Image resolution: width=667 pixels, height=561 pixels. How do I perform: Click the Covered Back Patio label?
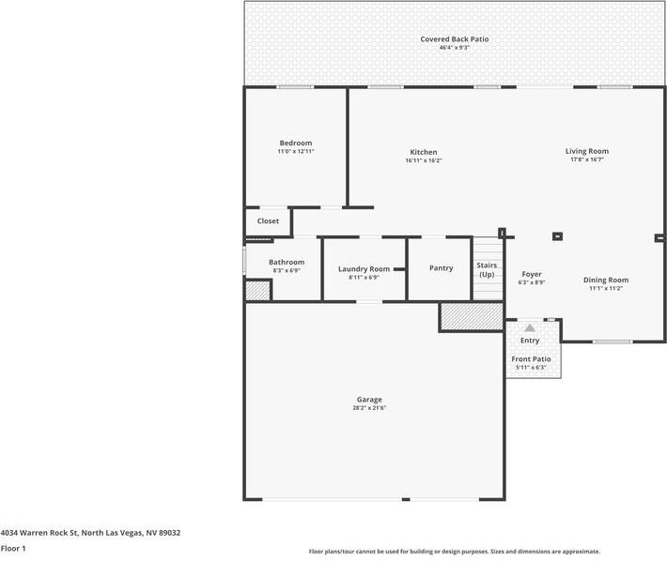[x=454, y=39]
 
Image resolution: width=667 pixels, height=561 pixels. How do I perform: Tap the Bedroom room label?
[x=295, y=143]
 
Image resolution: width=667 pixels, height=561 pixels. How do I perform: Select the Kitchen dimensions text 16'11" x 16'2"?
[x=423, y=160]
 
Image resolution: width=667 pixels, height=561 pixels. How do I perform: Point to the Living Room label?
[x=586, y=151]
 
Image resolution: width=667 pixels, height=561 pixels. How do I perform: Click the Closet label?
[x=268, y=221]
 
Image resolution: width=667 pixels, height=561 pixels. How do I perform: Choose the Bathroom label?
[x=287, y=262]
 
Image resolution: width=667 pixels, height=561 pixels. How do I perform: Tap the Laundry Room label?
[x=364, y=268]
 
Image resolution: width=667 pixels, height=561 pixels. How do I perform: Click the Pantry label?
[x=441, y=268]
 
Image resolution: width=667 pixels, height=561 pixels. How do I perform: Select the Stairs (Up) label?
[x=487, y=270]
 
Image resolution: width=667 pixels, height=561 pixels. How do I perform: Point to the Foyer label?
[x=532, y=274]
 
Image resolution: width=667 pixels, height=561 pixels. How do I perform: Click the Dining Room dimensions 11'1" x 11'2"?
[x=606, y=289]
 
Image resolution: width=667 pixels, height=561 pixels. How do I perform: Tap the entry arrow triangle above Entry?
[x=530, y=327]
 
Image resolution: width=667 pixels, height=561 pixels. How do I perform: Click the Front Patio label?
[x=531, y=359]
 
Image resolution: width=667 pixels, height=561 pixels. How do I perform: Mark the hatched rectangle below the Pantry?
[x=472, y=316]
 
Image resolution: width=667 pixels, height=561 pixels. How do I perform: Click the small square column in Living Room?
[x=557, y=236]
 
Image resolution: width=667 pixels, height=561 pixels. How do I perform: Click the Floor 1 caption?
[x=12, y=548]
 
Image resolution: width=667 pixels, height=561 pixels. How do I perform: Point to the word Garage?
[x=369, y=400]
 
